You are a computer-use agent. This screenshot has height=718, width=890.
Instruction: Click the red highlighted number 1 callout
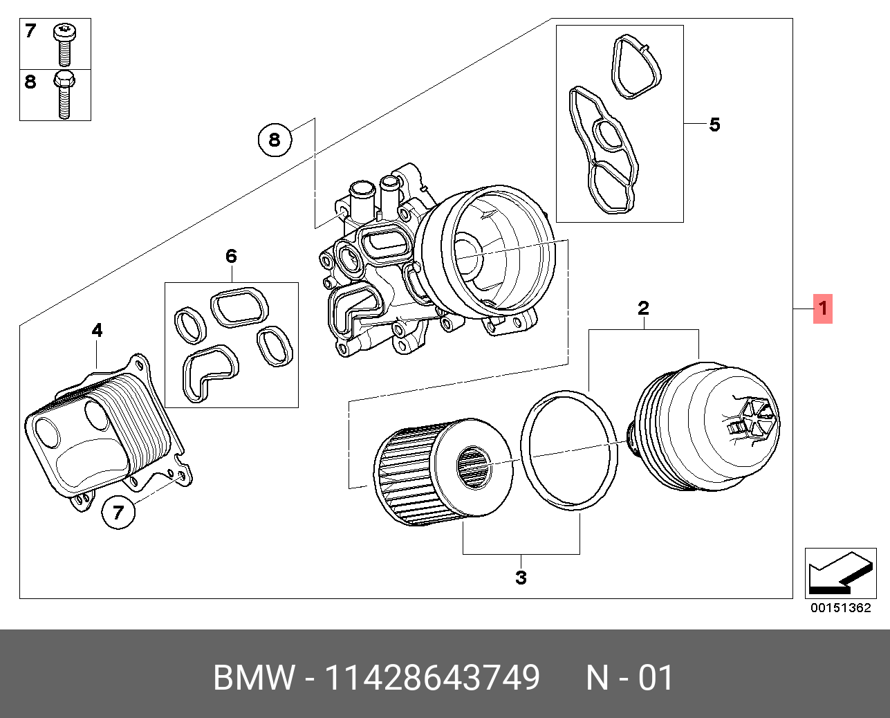(x=822, y=309)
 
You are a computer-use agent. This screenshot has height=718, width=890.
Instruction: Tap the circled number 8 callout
(x=275, y=140)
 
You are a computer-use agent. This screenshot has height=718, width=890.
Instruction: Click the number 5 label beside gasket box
(x=714, y=125)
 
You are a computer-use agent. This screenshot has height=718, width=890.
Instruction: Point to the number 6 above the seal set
(x=231, y=257)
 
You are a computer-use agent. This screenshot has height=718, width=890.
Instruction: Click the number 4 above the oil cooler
(x=98, y=331)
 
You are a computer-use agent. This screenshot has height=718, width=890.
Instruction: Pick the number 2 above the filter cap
(x=643, y=308)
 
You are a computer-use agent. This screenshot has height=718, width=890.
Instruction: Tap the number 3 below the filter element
(x=521, y=577)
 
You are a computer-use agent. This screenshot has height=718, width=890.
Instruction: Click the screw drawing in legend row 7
(x=64, y=42)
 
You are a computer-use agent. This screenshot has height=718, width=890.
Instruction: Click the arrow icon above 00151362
(x=838, y=573)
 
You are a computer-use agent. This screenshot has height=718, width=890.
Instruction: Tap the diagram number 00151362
(x=840, y=609)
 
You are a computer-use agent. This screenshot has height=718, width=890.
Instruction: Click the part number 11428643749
(x=432, y=678)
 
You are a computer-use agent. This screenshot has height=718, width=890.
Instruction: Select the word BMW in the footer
(x=253, y=678)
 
